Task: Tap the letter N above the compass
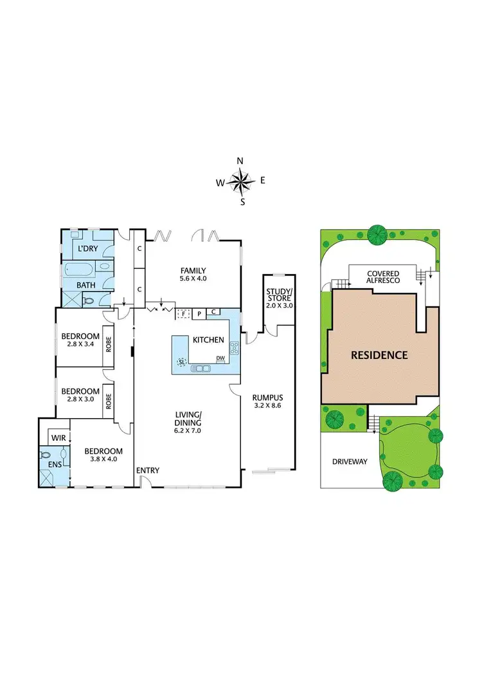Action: (x=240, y=161)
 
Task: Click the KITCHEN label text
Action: (x=209, y=340)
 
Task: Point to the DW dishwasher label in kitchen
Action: (x=220, y=358)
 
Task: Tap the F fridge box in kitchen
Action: (x=183, y=313)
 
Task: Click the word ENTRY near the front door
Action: (x=147, y=470)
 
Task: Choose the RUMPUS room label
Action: (x=268, y=397)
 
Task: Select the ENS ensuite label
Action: (x=48, y=463)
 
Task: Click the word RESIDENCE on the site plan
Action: (x=379, y=355)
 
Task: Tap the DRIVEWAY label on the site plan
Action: (x=350, y=461)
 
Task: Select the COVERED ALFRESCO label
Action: (x=383, y=277)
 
